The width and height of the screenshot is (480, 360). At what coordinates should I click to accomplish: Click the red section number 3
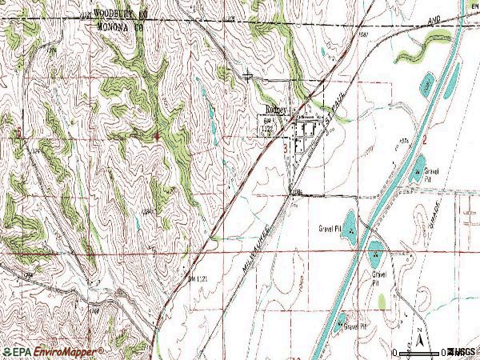286,148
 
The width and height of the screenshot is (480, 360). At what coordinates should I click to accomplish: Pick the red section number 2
426,140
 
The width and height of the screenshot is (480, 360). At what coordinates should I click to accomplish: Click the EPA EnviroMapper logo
52,351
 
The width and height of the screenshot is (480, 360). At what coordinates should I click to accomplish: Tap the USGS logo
462,352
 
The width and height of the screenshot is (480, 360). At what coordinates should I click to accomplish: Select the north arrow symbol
418,334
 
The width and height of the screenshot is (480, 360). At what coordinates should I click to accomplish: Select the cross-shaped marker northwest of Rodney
249,77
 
